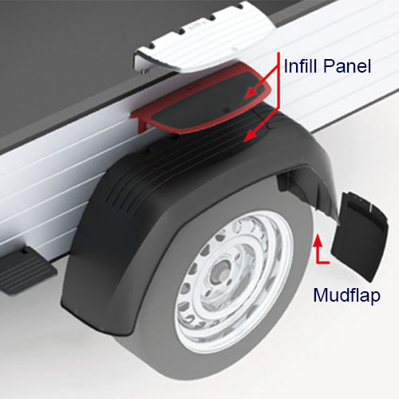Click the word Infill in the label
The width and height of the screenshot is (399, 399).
pos(301,66)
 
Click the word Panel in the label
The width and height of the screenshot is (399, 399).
pos(347,66)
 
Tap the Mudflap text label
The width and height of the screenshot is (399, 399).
pos(346,295)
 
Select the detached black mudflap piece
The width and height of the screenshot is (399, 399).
pos(360,237)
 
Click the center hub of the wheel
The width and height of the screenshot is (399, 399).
pos(221,274)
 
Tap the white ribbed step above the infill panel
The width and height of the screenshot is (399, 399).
pos(205,38)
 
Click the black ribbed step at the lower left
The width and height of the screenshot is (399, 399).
pos(26,270)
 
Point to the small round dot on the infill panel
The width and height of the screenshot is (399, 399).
pos(227,109)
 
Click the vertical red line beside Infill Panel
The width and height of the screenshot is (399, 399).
pos(279,81)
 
